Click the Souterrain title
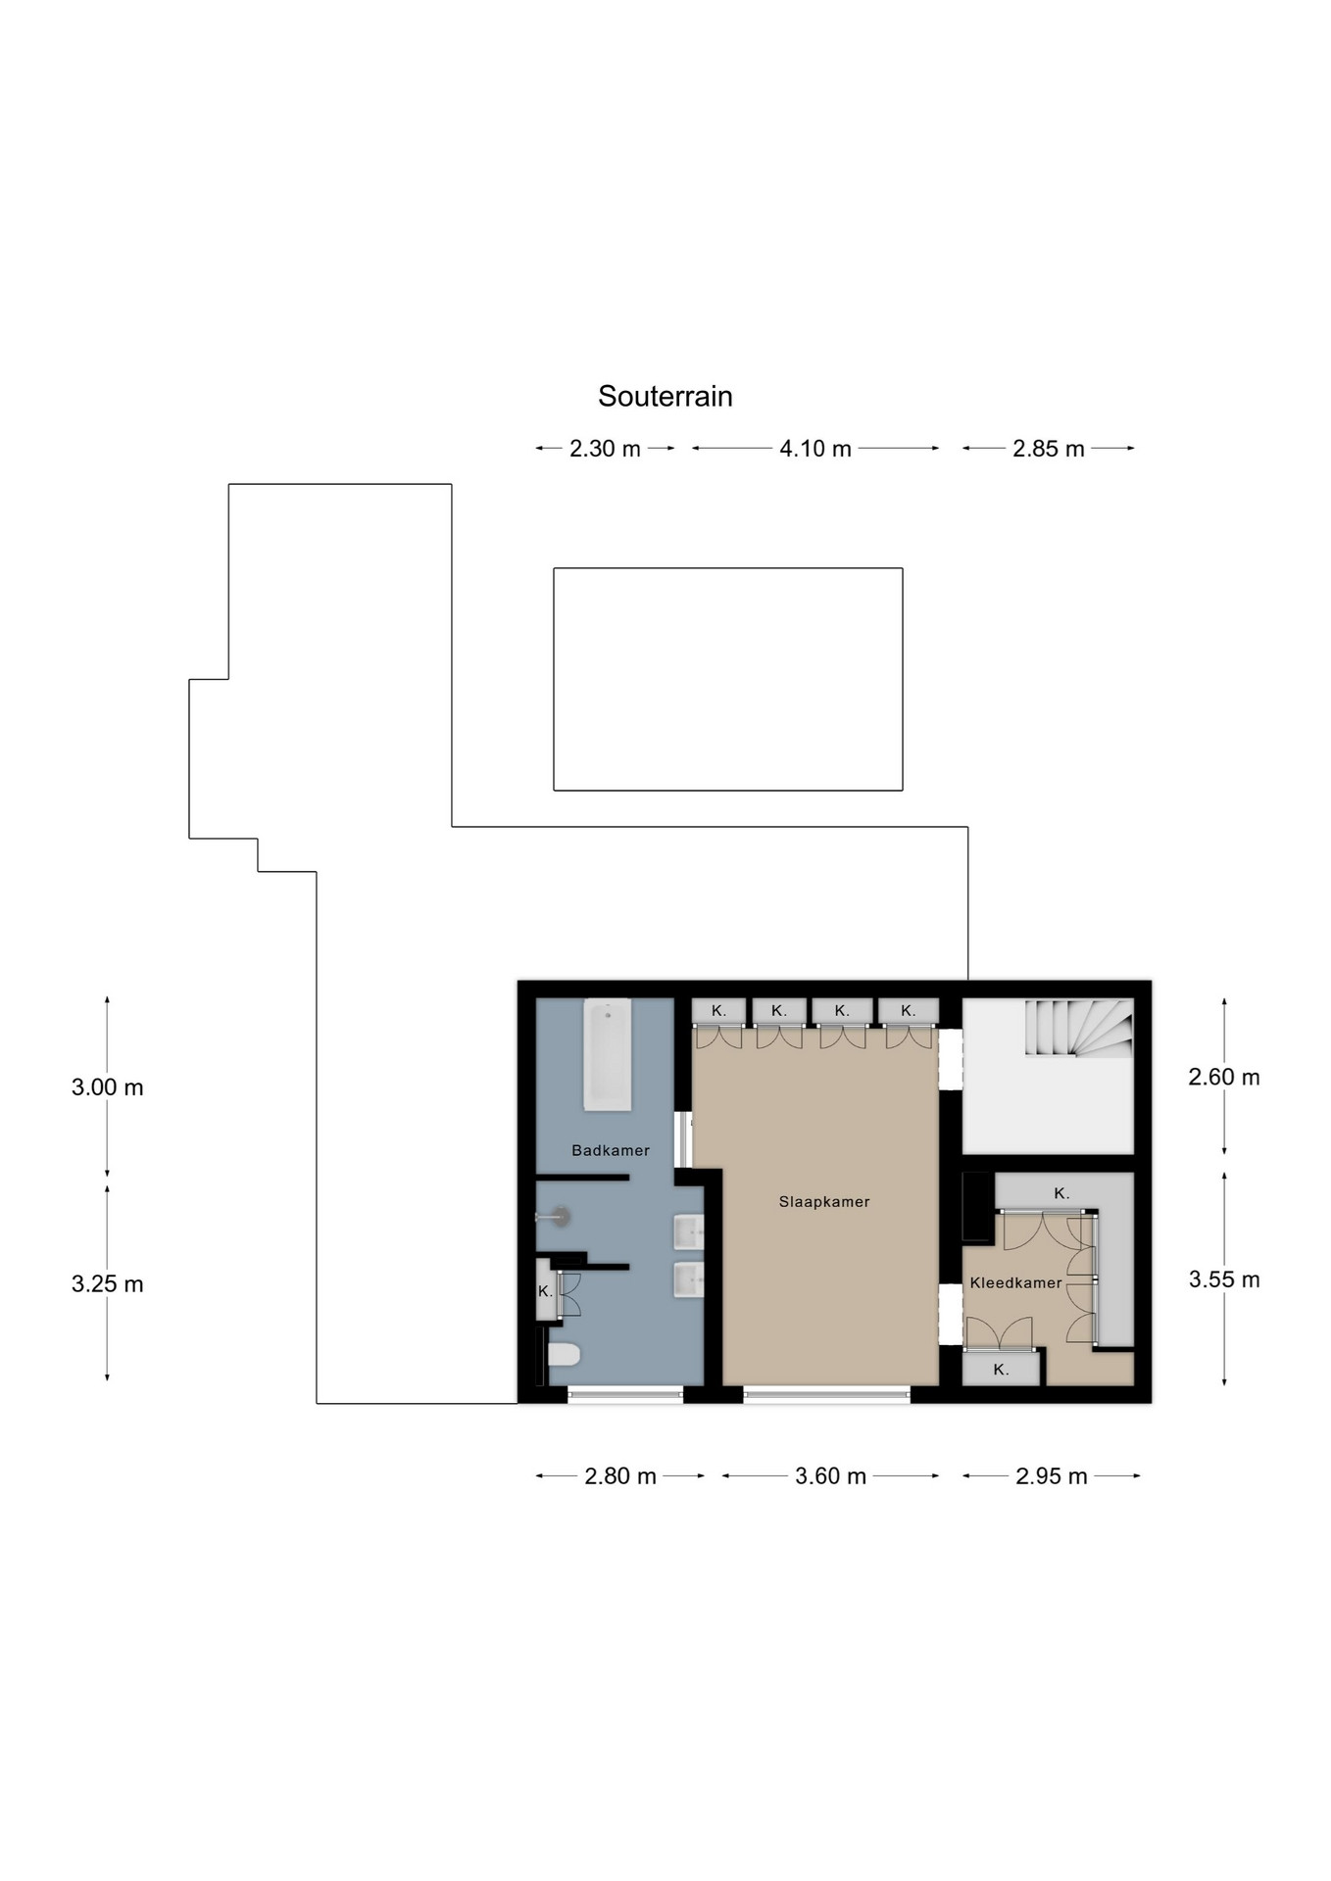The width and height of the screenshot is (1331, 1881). pos(665,396)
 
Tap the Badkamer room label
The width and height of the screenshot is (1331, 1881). pos(611,1150)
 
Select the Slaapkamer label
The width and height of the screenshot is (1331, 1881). pos(824,1201)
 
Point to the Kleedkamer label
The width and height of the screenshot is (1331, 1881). pos(1015,1282)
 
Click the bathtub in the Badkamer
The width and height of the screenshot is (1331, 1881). pos(608,1055)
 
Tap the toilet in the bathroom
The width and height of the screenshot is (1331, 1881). pos(564,1354)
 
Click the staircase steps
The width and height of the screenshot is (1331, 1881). pos(1079,1027)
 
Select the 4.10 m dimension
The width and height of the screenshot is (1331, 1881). pos(815,449)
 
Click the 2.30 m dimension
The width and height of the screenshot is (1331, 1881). pos(606,449)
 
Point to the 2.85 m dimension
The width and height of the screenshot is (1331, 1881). pos(1049,449)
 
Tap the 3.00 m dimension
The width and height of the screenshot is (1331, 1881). pos(108,1086)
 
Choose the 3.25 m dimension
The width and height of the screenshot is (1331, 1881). pos(108,1283)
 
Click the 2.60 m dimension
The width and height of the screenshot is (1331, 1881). pos(1224,1077)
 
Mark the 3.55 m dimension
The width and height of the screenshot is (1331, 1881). pos(1224,1279)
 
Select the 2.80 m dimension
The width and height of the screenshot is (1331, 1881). pos(620,1476)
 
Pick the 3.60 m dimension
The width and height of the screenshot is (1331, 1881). pos(831,1476)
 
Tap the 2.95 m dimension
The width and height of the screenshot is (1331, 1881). pos(1052,1476)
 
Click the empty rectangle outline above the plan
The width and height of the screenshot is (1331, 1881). pos(728,568)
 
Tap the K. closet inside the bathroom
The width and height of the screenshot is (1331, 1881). pos(546,1291)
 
